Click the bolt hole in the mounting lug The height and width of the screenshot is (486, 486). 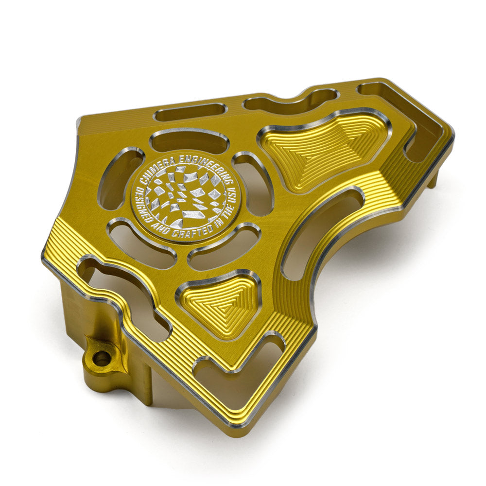pos(102,359)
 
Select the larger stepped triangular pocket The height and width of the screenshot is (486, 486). pos(323,148)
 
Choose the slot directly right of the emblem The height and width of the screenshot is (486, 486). pos(255,185)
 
